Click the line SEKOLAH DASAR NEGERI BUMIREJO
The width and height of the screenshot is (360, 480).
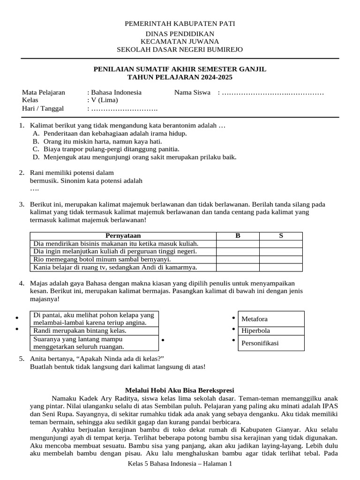click(x=180, y=49)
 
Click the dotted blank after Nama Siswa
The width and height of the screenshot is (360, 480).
click(x=272, y=92)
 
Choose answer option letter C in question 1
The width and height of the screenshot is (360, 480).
click(x=36, y=149)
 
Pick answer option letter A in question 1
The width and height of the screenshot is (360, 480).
click(x=36, y=133)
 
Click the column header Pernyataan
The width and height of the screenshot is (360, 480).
click(x=123, y=236)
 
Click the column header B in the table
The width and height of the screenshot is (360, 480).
click(x=238, y=236)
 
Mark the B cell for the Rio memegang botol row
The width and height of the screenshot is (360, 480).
click(x=238, y=259)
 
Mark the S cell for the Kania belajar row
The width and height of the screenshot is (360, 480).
click(x=281, y=267)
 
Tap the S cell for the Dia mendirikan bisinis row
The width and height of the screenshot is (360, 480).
click(x=281, y=244)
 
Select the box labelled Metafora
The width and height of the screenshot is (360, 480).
click(x=271, y=319)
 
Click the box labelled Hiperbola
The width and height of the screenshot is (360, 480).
click(x=271, y=331)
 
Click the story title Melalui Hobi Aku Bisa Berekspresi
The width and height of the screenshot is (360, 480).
click(x=180, y=390)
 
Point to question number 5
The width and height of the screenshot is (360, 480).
click(x=22, y=359)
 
